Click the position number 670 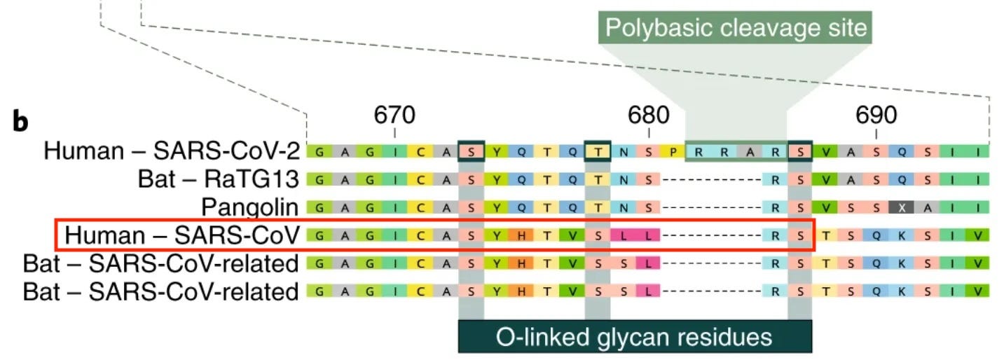394,114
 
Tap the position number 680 649,114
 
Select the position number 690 876,114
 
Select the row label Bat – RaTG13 219,179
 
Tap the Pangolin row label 250,207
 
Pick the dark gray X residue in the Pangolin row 901,207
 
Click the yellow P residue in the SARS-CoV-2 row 674,151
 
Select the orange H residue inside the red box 521,235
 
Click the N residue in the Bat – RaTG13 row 624,179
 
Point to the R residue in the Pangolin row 775,207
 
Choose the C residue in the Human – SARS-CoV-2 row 420,151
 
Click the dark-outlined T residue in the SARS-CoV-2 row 598,151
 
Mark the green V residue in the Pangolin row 825,207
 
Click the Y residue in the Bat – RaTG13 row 496,179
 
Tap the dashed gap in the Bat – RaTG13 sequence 711,179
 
